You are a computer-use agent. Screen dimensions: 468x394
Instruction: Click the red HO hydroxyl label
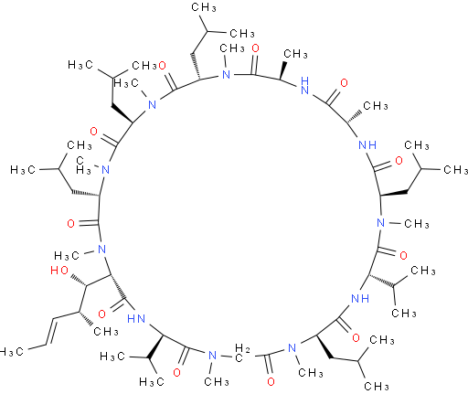[59, 271]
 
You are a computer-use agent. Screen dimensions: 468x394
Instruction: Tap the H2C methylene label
[242, 353]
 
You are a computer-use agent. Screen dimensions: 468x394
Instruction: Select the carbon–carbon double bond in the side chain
[51, 332]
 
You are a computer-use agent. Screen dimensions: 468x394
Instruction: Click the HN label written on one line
[136, 319]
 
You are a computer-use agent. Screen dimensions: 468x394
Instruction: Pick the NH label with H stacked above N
[304, 85]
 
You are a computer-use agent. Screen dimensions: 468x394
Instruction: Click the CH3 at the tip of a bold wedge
[295, 54]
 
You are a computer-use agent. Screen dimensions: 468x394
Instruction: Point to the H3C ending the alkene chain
[11, 352]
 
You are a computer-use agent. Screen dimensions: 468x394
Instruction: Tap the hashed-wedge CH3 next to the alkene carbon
[106, 331]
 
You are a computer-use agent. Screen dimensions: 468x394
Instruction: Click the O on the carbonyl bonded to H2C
[271, 381]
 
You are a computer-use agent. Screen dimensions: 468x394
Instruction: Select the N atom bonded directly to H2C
[212, 356]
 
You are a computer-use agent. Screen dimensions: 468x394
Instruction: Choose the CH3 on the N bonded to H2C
[217, 381]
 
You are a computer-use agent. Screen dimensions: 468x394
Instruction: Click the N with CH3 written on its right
[380, 223]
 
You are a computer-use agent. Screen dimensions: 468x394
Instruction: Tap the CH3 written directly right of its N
[417, 224]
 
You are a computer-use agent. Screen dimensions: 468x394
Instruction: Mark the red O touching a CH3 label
[162, 65]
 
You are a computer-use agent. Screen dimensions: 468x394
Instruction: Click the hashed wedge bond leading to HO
[79, 281]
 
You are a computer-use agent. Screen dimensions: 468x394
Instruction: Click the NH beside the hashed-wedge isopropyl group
[360, 298]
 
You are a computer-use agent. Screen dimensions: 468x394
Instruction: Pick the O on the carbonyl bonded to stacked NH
[344, 83]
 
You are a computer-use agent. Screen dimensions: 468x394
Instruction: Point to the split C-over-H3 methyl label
[84, 165]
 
